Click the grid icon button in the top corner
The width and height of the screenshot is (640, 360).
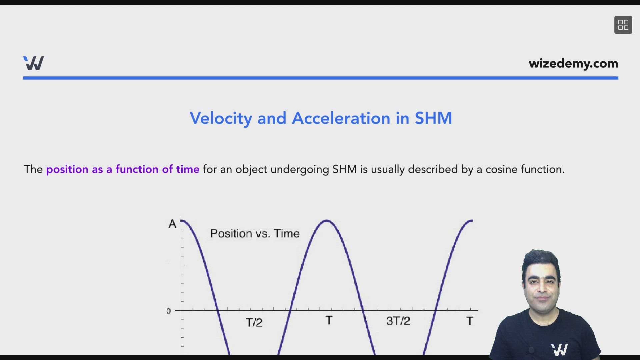pos(623,25)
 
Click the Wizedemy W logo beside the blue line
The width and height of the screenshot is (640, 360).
pos(34,63)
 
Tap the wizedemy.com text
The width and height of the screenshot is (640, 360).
pos(573,63)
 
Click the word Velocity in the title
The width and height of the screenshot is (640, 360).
pos(221,119)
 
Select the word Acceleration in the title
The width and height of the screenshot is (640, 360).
pos(341,118)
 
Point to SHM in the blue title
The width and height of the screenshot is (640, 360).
pos(433,118)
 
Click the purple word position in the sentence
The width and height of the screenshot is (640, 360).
pos(67,170)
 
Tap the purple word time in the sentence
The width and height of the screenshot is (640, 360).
pos(188,169)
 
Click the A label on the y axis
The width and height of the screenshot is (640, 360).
pos(172,224)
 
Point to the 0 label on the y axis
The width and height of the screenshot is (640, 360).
pos(168,311)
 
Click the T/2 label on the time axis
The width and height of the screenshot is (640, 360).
pos(254,322)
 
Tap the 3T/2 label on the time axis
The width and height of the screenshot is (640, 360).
pos(398,321)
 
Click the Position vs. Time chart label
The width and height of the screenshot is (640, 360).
pos(255,234)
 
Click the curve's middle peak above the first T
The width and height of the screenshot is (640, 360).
pos(327,220)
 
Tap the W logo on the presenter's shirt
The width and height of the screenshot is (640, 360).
pos(560,349)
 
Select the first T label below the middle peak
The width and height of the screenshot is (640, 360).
pos(329,320)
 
